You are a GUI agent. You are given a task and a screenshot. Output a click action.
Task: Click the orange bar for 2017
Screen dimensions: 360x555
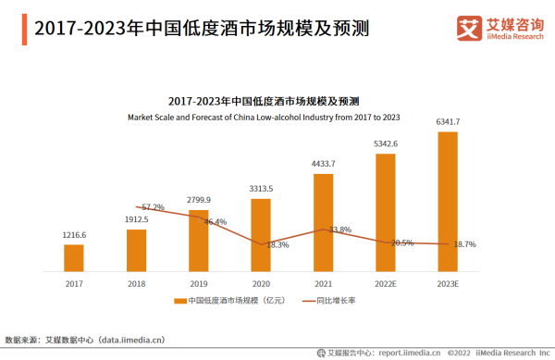pyautogui.click(x=74, y=258)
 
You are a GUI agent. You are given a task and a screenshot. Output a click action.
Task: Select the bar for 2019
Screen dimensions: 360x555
pyautogui.click(x=199, y=242)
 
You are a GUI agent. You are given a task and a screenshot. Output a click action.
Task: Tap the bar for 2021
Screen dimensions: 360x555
pyautogui.click(x=323, y=223)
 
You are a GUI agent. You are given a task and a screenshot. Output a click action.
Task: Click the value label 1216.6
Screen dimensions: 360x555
pyautogui.click(x=74, y=236)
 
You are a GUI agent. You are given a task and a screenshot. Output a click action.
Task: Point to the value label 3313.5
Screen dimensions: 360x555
pyautogui.click(x=261, y=190)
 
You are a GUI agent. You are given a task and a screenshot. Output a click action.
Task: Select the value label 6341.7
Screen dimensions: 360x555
pyautogui.click(x=448, y=122)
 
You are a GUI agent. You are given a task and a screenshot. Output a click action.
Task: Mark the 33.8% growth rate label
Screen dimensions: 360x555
pyautogui.click(x=339, y=230)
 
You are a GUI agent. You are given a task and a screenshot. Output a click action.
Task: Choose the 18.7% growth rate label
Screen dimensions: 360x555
pyautogui.click(x=463, y=244)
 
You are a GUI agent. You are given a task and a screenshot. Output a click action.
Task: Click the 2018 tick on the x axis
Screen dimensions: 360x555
pyautogui.click(x=136, y=284)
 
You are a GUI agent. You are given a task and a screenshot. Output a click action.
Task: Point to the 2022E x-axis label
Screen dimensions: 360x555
pyautogui.click(x=385, y=284)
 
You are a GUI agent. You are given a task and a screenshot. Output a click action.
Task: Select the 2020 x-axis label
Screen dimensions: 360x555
pyautogui.click(x=261, y=284)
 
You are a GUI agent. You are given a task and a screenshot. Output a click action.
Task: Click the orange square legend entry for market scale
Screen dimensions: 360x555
pyautogui.click(x=180, y=302)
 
